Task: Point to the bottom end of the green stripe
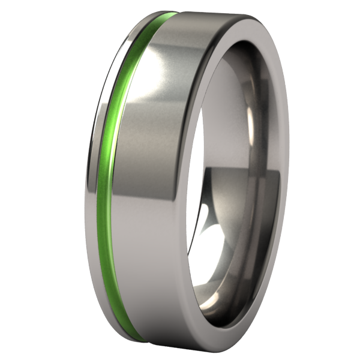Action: [x=133, y=336]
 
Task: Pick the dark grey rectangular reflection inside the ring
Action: [x=252, y=198]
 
